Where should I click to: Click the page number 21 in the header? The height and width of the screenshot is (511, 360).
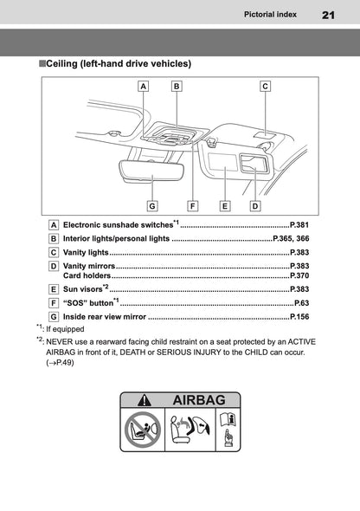(x=329, y=15)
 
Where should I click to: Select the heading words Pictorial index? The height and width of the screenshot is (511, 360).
(x=273, y=15)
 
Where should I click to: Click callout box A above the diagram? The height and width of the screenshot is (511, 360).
(x=143, y=86)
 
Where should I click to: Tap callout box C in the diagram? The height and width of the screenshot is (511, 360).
(x=265, y=86)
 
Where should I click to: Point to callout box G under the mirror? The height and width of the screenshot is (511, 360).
(x=152, y=206)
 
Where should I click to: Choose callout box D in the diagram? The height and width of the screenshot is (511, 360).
(x=255, y=206)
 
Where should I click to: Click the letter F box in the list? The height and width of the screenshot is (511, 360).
(x=54, y=303)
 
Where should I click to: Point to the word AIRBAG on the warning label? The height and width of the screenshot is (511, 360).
(x=199, y=400)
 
